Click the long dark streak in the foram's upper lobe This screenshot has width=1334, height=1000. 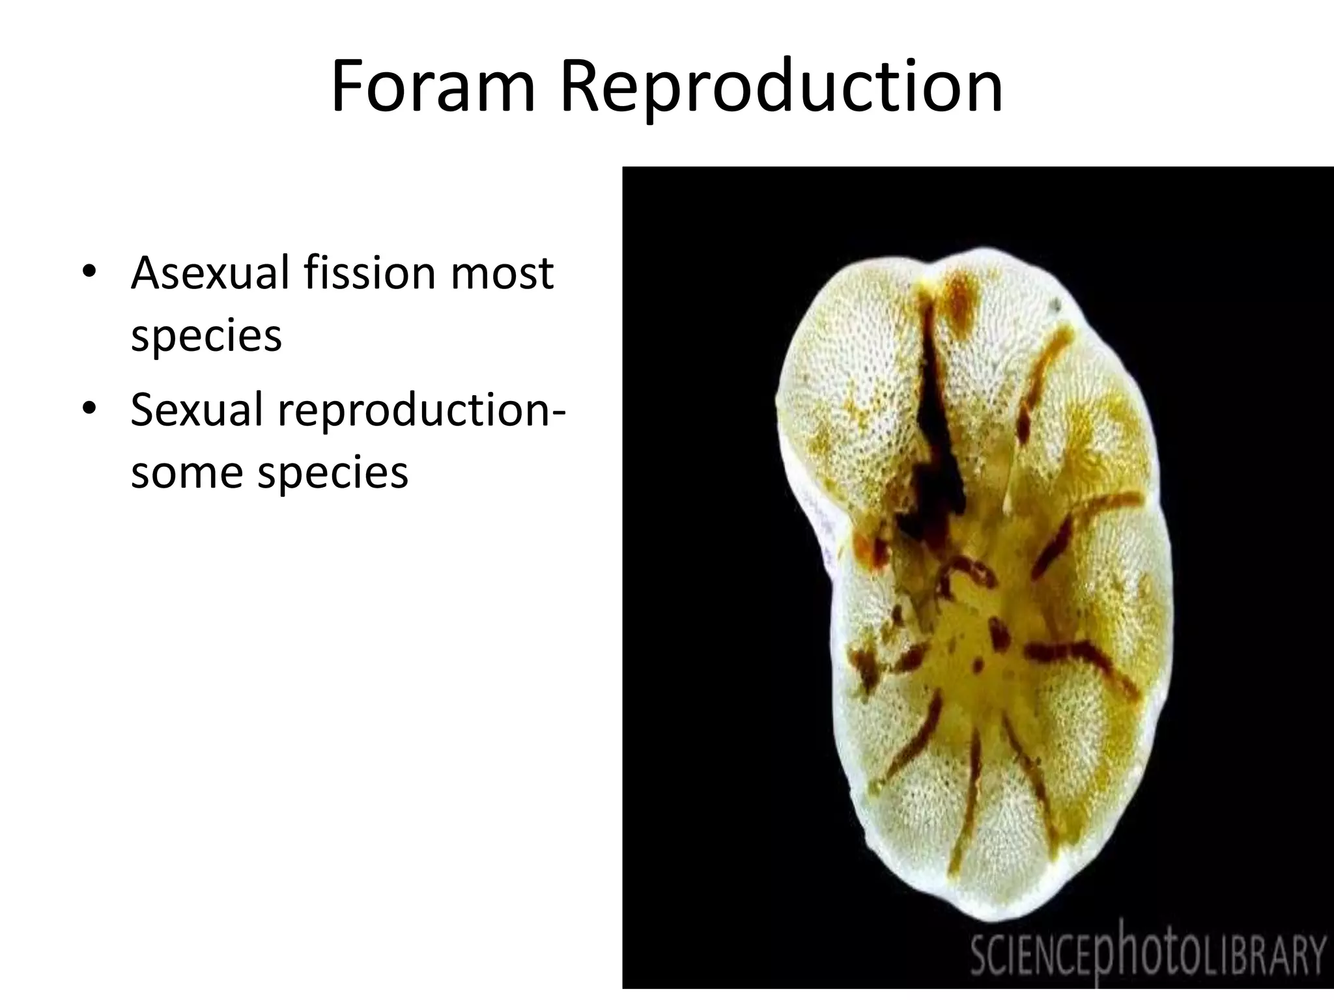click(937, 417)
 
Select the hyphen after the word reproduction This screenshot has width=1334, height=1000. click(557, 411)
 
